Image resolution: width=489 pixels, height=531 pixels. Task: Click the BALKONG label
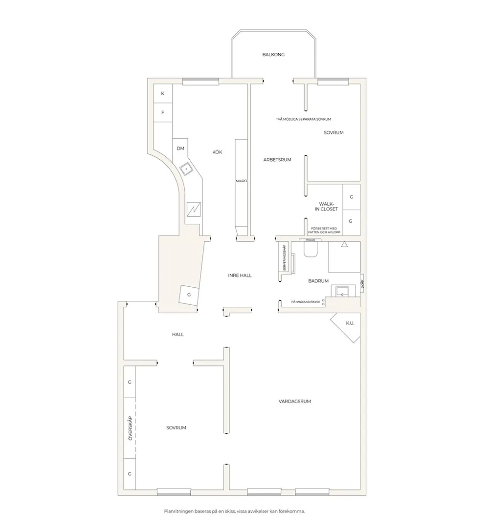coord(273,55)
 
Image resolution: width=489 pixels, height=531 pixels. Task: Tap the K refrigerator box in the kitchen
coord(163,93)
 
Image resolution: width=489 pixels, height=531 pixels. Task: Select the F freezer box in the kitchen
coord(163,112)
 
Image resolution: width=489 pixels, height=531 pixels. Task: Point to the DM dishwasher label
coord(180,149)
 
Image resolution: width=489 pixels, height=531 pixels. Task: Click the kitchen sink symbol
coord(187,169)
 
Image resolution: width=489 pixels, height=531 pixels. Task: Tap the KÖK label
coord(217,152)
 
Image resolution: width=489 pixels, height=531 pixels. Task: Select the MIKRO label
coord(241,181)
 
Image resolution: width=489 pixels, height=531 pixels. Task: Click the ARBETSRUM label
coord(277,159)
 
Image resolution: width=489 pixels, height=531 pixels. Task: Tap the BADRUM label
coord(318,281)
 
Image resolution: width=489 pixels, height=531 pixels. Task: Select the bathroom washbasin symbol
coord(342,292)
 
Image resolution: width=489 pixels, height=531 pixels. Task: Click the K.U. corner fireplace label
coord(350,323)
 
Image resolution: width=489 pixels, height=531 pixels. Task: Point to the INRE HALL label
coord(240,276)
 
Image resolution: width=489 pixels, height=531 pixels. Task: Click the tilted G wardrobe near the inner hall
coord(189,295)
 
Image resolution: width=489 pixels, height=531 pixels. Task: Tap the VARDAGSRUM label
coord(295,402)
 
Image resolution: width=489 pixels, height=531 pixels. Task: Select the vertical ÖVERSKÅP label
coord(130,428)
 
